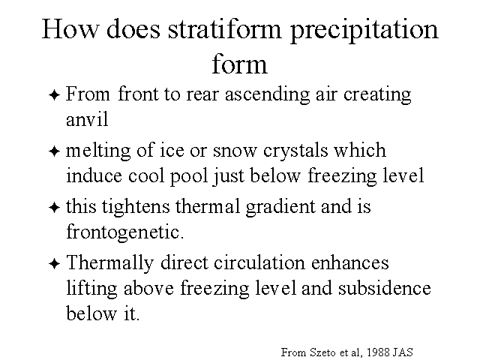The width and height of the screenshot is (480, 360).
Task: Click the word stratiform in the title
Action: pos(224,29)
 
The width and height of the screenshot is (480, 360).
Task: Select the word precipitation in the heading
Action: pos(364,31)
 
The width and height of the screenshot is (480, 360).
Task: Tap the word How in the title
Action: pos(70,28)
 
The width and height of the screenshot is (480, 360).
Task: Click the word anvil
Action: pos(87,118)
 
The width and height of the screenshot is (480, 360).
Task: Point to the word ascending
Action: pos(267,95)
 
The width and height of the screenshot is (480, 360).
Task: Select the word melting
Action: pos(98,151)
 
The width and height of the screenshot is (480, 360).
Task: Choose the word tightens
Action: pos(136,207)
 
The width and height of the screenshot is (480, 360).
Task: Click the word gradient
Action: pos(280,207)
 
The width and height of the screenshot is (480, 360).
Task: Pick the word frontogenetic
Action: pos(125,232)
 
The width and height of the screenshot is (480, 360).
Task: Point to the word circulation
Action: pos(259,263)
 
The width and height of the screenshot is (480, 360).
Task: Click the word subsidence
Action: pos(385,288)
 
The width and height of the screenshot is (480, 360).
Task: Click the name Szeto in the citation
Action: pos(322,352)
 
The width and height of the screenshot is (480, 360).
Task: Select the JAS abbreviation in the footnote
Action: pos(403,352)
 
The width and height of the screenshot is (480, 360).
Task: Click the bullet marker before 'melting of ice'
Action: pos(54,151)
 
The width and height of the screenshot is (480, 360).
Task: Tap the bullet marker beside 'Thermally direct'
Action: pos(54,264)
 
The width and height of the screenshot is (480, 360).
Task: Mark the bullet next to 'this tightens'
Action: pos(54,208)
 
